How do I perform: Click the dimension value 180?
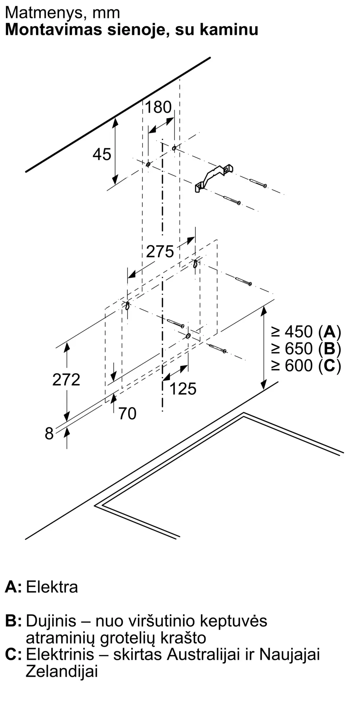coord(158,107)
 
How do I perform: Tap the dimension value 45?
coord(102,154)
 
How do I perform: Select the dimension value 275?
coord(160,251)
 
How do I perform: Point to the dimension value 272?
coord(66,380)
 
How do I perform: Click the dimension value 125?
coord(183,389)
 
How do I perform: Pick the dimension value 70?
coord(127,414)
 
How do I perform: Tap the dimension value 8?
coord(49,433)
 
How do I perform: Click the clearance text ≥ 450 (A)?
coord(306,332)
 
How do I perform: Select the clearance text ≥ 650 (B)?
coord(306,348)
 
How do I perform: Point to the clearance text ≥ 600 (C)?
coord(306,366)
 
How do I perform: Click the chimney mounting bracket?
coord(214,178)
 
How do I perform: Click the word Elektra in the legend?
coord(52,587)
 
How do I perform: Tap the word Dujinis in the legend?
coord(51,621)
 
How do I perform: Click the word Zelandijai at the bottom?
coord(62,672)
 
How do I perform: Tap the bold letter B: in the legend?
coord(13,621)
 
